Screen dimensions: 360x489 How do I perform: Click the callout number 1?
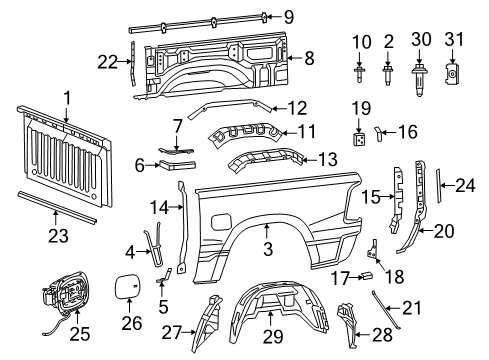66,96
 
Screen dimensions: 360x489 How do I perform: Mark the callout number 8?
308,58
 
